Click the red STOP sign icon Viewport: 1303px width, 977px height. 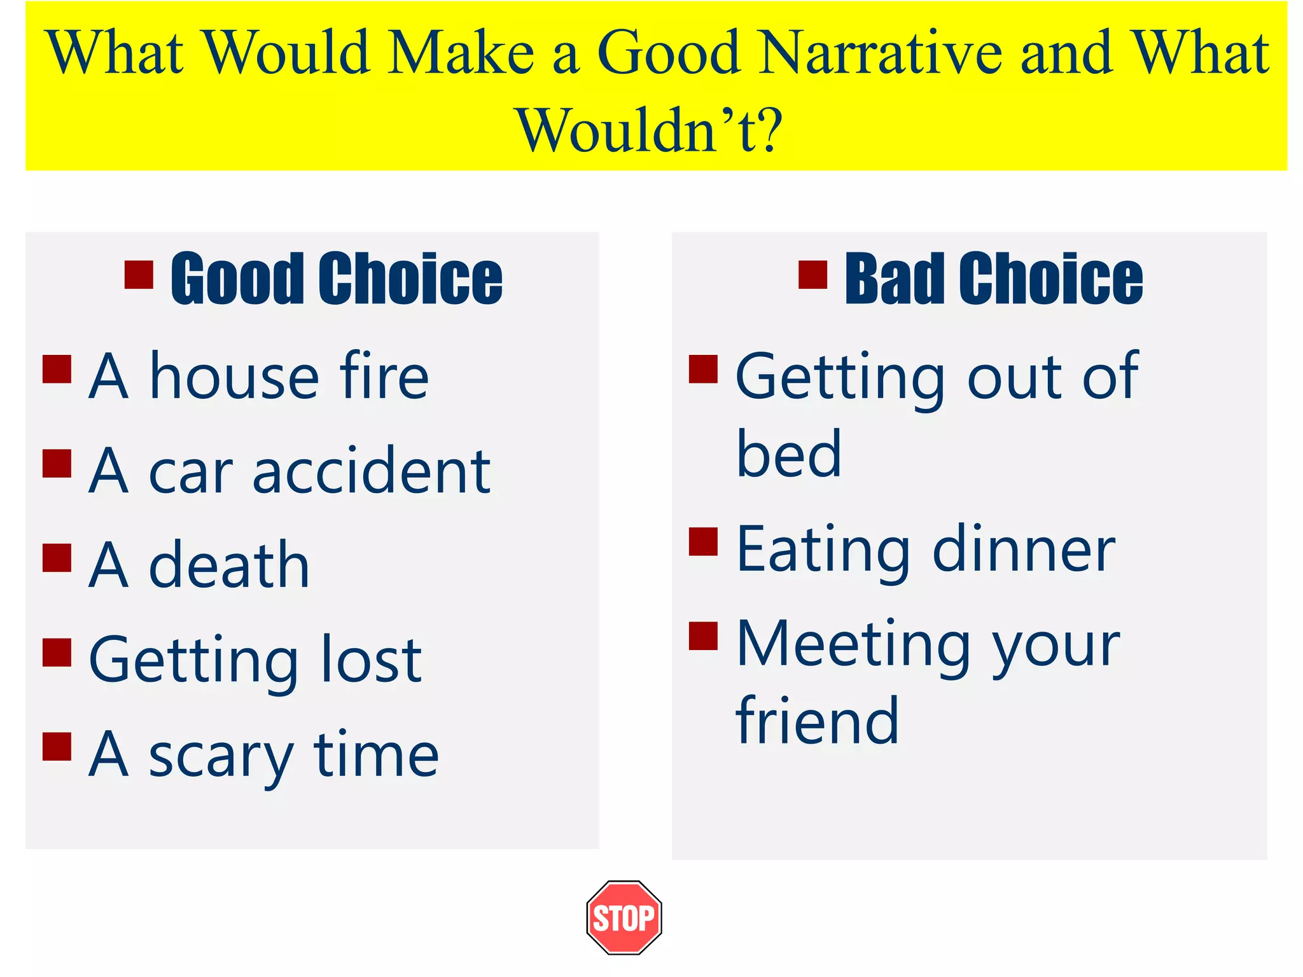pos(624,917)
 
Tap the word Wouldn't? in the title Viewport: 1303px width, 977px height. pos(649,130)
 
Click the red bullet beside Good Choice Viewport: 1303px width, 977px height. pos(139,275)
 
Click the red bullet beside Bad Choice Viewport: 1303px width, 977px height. pos(812,275)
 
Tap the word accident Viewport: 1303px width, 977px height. pos(372,471)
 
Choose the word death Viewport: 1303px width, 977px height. pos(229,565)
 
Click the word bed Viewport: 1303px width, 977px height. pos(789,454)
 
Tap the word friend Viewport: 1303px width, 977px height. pos(817,721)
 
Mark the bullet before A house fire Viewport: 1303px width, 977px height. pos(57,369)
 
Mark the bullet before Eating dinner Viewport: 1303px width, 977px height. pos(703,542)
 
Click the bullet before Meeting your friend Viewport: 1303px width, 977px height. pos(703,636)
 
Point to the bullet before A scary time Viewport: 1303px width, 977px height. pos(57,747)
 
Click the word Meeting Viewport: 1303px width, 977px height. pos(853,645)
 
